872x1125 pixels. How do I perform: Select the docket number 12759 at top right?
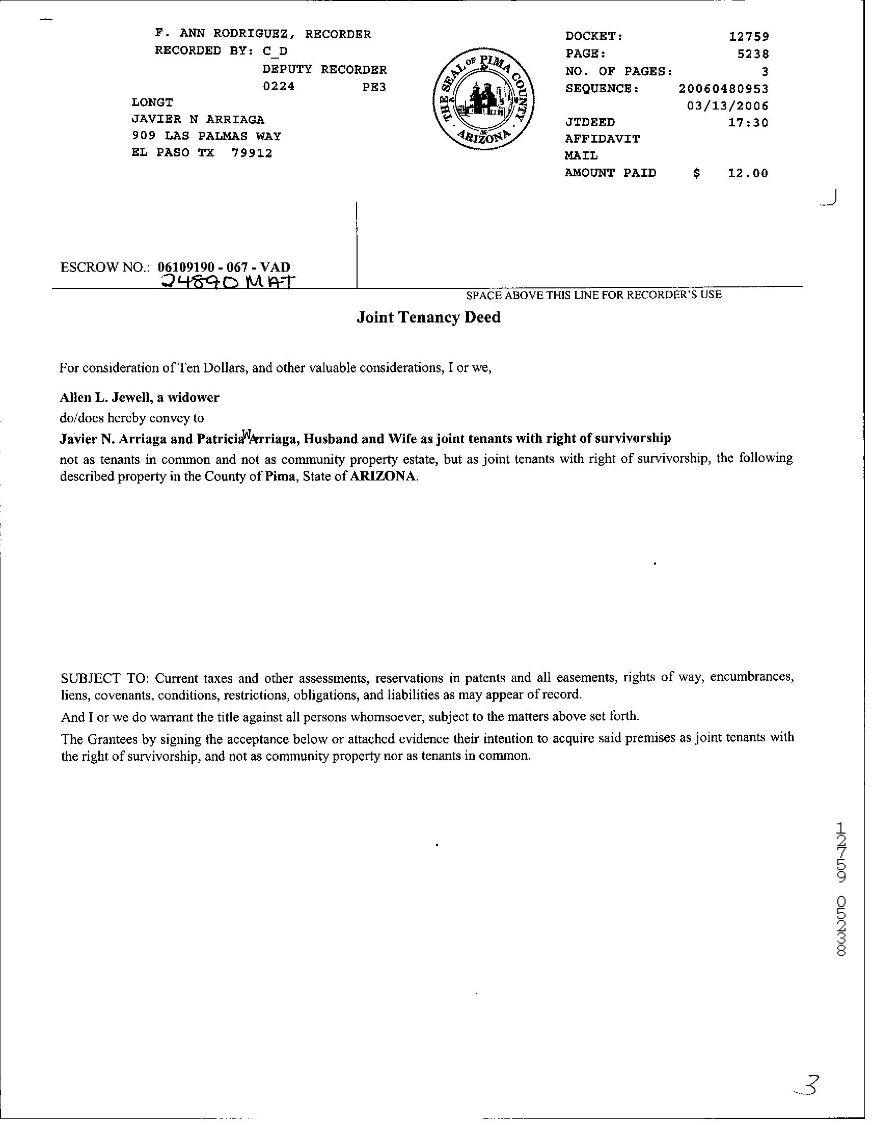[748, 37]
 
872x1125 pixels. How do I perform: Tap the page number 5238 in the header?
[753, 53]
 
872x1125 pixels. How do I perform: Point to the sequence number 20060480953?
[723, 89]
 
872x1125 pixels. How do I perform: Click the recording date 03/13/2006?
[727, 106]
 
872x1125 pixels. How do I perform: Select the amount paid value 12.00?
[747, 173]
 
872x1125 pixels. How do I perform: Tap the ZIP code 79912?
[252, 153]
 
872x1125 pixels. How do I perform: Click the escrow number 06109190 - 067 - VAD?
[224, 267]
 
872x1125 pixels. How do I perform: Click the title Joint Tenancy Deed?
[428, 317]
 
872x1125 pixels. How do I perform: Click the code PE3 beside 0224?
[374, 87]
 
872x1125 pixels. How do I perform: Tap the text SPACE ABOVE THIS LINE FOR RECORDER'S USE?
[593, 295]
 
